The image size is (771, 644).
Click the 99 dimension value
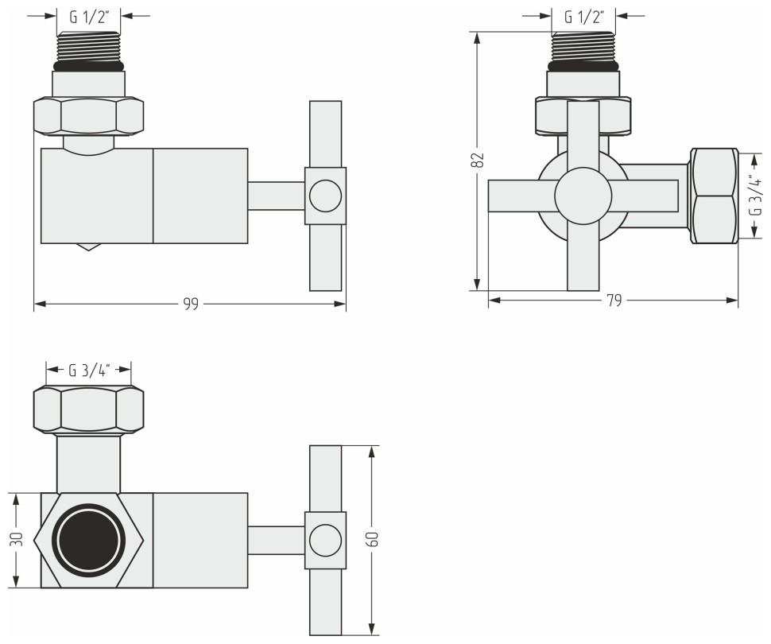coord(191,305)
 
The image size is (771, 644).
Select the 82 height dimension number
coord(478,160)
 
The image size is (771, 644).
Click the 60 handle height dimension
coord(371,540)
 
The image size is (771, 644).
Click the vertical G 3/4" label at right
coord(754,196)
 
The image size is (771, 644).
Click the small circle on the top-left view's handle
coord(325,196)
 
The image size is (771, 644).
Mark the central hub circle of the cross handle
coord(583,196)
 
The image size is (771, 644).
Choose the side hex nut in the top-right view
coord(714,196)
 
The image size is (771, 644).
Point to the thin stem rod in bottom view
coord(277,541)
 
